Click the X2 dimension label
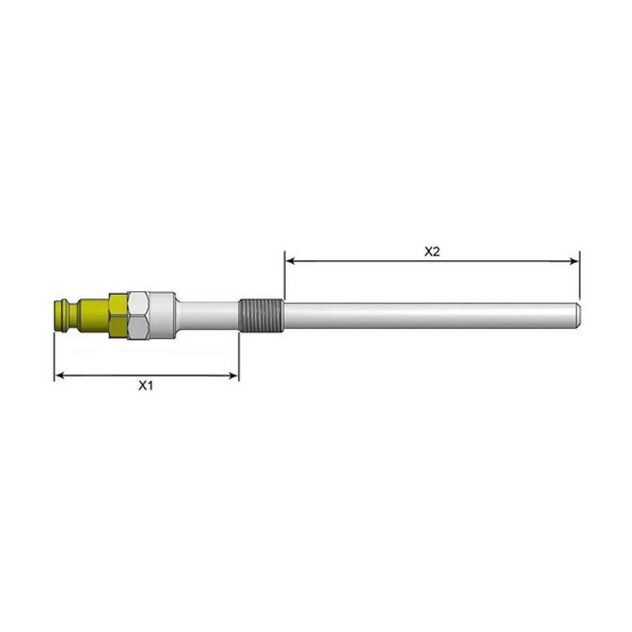point(432,252)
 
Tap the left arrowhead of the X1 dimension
point(59,375)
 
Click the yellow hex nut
point(119,316)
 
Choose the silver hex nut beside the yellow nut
point(139,316)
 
